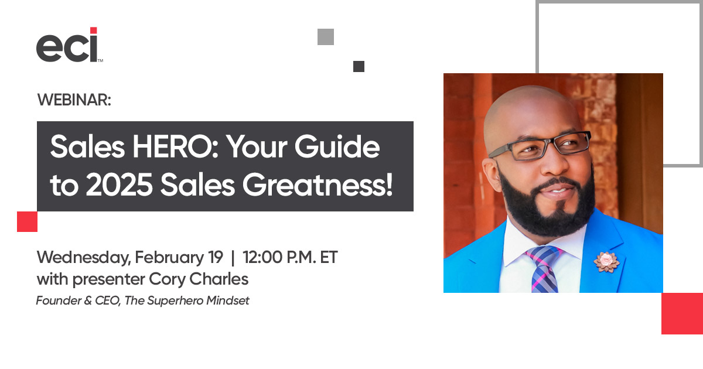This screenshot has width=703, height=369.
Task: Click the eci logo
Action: (67, 45)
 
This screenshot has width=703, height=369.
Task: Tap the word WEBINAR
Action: (74, 100)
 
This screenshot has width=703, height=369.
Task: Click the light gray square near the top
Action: (325, 37)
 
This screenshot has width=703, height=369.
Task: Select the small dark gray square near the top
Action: (359, 66)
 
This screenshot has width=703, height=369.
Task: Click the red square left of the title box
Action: (27, 222)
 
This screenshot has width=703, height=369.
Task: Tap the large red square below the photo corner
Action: (682, 313)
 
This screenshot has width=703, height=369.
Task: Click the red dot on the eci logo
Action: (93, 30)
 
